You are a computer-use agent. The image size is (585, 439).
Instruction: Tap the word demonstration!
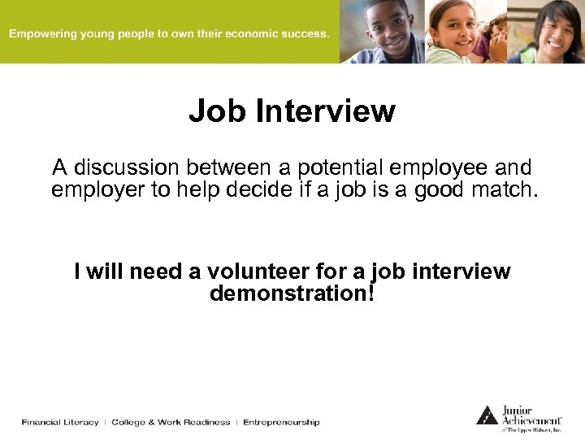click(x=292, y=293)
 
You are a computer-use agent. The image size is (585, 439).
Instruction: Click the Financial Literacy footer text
click(x=60, y=422)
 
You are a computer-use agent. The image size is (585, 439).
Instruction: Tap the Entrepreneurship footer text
click(x=281, y=422)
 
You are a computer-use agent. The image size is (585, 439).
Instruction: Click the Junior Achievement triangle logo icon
click(x=487, y=415)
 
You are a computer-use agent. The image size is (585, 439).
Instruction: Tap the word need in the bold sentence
click(x=141, y=271)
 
